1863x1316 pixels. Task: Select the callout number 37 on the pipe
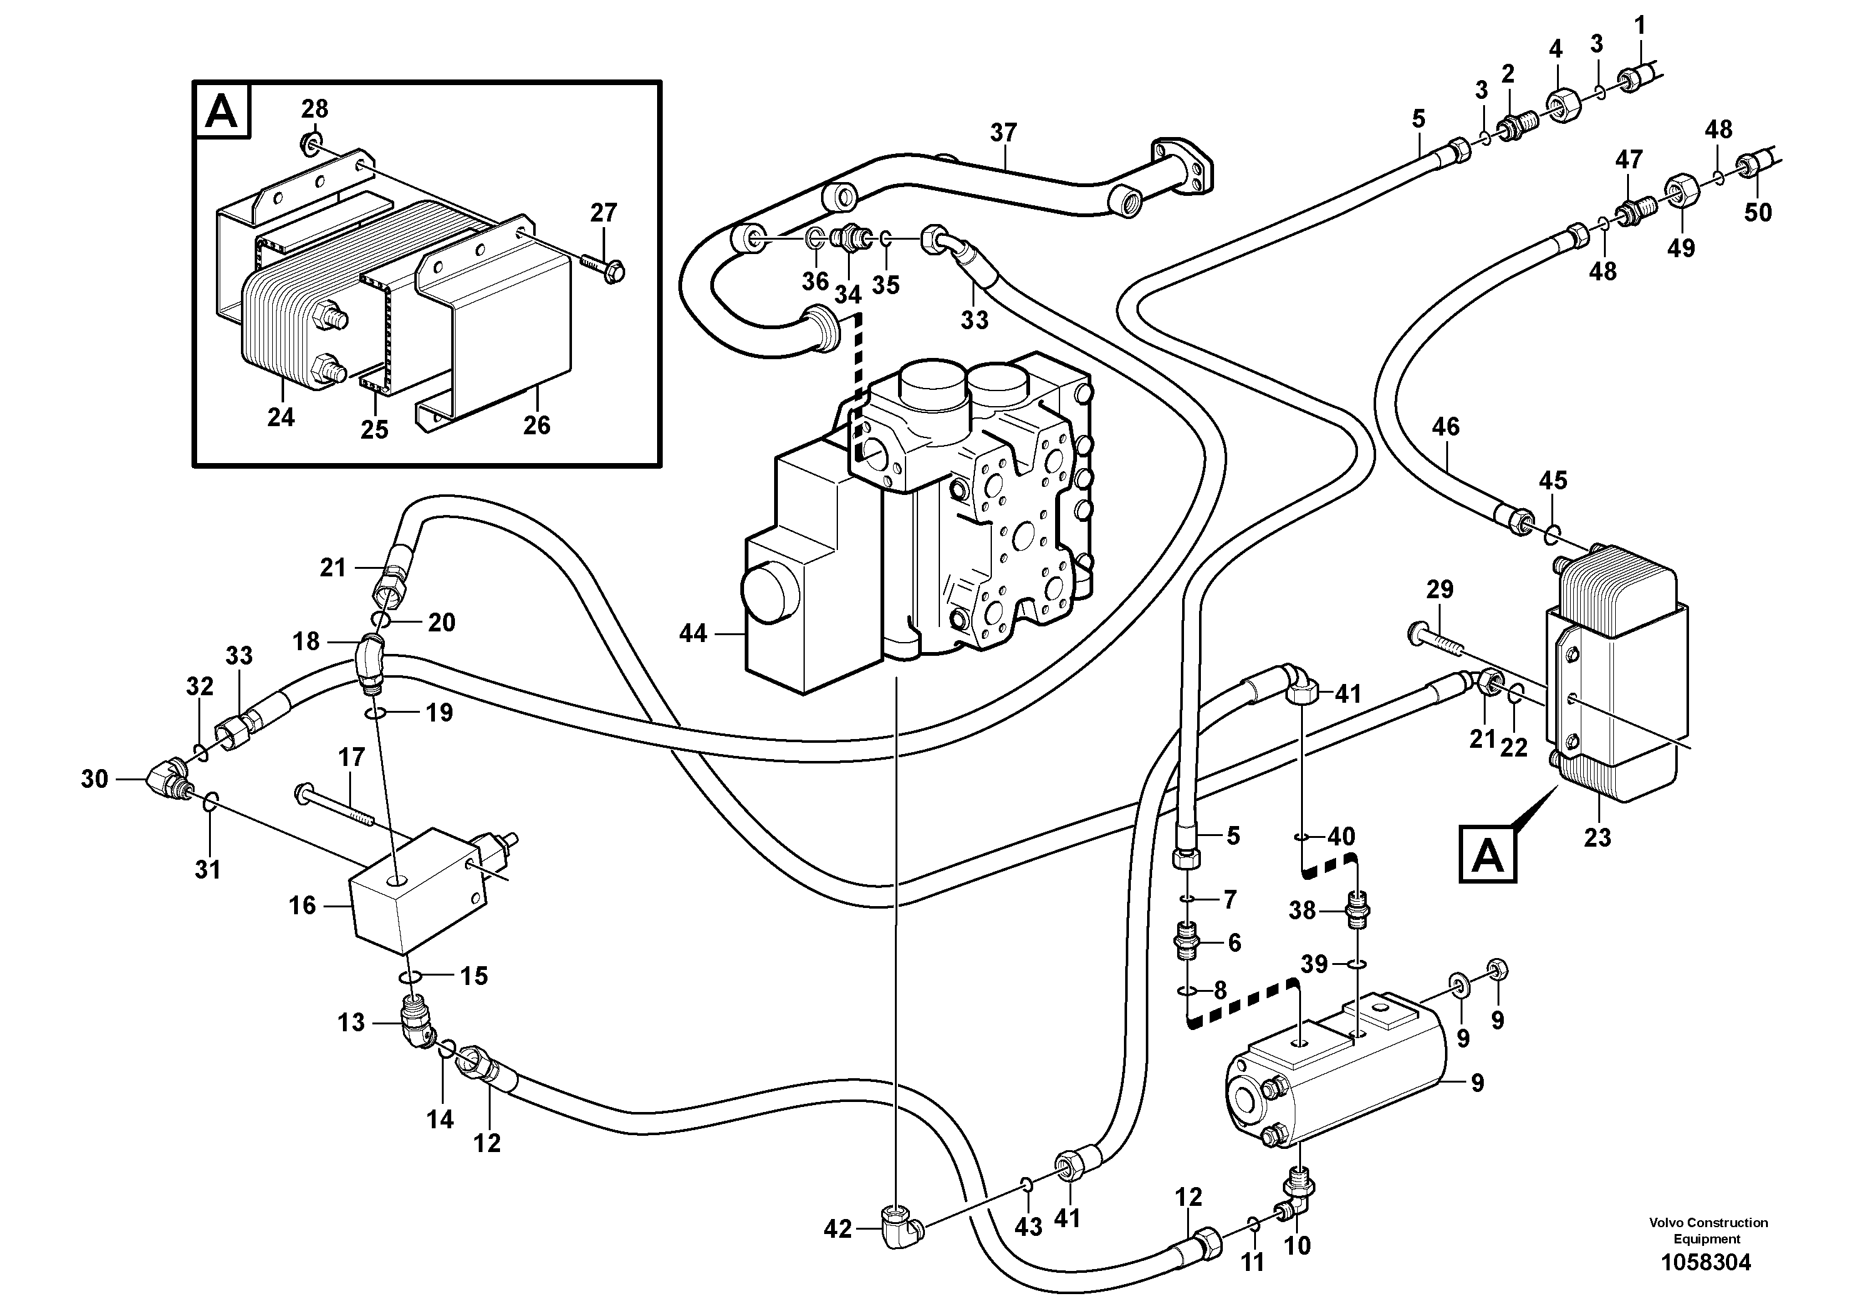1003,132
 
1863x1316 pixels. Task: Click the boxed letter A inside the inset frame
222,112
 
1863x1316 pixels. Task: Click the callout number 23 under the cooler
1597,837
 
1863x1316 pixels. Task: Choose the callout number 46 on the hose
1445,427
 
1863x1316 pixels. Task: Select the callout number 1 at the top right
1639,26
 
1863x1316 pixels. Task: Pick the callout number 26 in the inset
536,424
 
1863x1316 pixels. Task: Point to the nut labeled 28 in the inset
312,145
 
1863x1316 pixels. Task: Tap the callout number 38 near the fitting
1302,910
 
